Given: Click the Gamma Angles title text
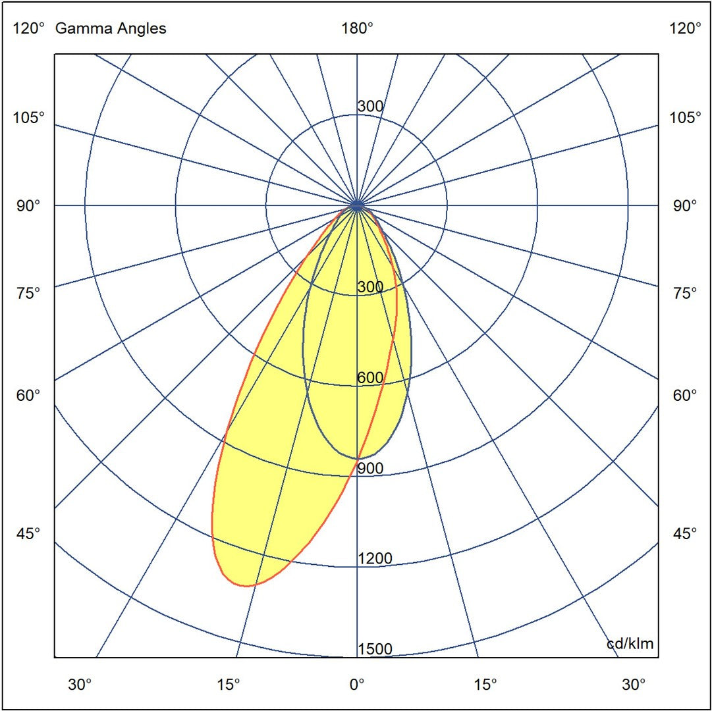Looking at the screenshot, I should click(111, 28).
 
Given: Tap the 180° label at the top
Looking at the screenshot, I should click(357, 28).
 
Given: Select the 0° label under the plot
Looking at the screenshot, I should click(357, 685).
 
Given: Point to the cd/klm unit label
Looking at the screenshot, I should click(630, 643).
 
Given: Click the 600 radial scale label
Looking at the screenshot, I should click(370, 378).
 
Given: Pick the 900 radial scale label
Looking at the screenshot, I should click(370, 468).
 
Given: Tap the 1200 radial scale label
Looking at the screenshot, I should click(374, 559).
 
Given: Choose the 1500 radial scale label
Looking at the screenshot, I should click(374, 650).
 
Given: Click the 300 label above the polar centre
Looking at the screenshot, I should click(370, 107).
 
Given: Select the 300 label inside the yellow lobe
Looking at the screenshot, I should click(370, 287).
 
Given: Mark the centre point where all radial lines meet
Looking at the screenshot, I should click(357, 205).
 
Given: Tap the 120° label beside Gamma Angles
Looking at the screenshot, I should click(29, 28).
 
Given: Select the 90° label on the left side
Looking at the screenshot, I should click(29, 205).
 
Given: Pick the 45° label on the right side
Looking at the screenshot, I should click(685, 533).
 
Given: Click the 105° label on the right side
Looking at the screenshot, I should click(685, 118).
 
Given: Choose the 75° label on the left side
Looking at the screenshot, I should click(29, 292).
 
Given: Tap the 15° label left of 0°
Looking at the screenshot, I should click(228, 685).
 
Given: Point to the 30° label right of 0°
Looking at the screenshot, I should click(634, 685).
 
